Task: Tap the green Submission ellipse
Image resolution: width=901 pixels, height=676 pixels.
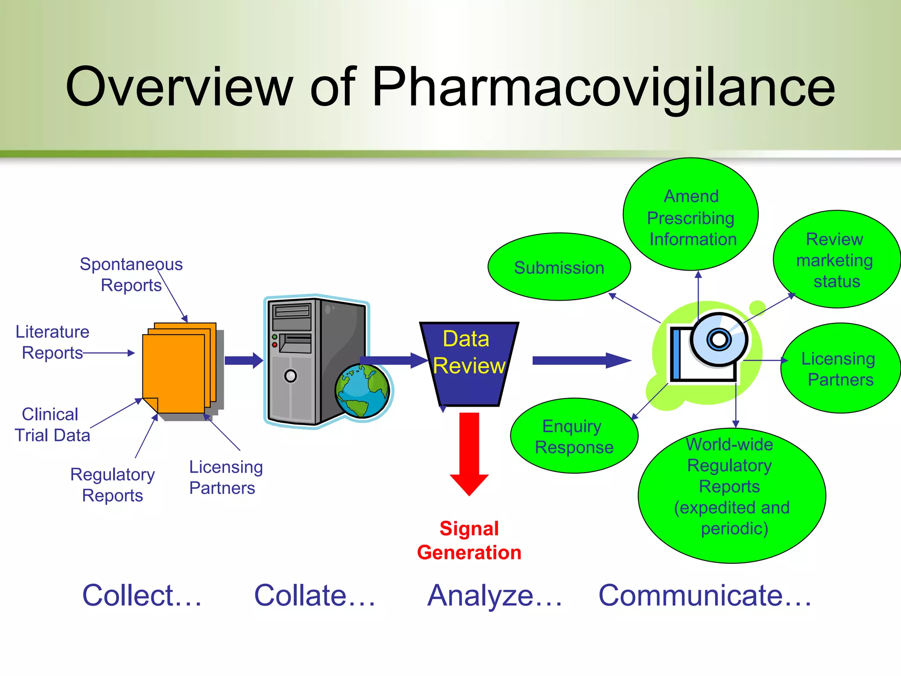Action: pyautogui.click(x=559, y=267)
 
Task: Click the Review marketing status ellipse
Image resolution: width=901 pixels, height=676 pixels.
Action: pyautogui.click(x=836, y=260)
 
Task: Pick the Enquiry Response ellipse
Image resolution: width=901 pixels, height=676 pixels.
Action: pyautogui.click(x=574, y=436)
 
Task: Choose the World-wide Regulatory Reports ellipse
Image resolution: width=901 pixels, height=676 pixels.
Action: pyautogui.click(x=731, y=495)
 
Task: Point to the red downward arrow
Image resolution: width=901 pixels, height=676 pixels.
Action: pyautogui.click(x=469, y=453)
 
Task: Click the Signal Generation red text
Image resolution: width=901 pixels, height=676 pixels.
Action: pyautogui.click(x=469, y=540)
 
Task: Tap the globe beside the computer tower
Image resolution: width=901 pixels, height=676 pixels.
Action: pyautogui.click(x=362, y=391)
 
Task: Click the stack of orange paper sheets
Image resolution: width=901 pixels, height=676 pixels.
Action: pyautogui.click(x=178, y=370)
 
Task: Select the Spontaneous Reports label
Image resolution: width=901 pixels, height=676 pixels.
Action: pyautogui.click(x=131, y=274)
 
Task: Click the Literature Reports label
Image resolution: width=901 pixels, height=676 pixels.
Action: pyautogui.click(x=52, y=342)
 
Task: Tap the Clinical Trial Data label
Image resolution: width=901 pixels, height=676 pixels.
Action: pyautogui.click(x=52, y=425)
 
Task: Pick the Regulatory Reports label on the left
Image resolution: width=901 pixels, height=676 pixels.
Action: pyautogui.click(x=113, y=485)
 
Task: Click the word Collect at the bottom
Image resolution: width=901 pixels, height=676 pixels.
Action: pyautogui.click(x=128, y=595)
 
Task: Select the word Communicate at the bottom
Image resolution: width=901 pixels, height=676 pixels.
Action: pyautogui.click(x=691, y=595)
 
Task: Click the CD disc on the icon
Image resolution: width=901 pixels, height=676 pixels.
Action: pyautogui.click(x=718, y=339)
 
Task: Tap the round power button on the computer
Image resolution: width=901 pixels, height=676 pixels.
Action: pyautogui.click(x=290, y=376)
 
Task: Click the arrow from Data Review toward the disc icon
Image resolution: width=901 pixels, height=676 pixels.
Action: pyautogui.click(x=581, y=360)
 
